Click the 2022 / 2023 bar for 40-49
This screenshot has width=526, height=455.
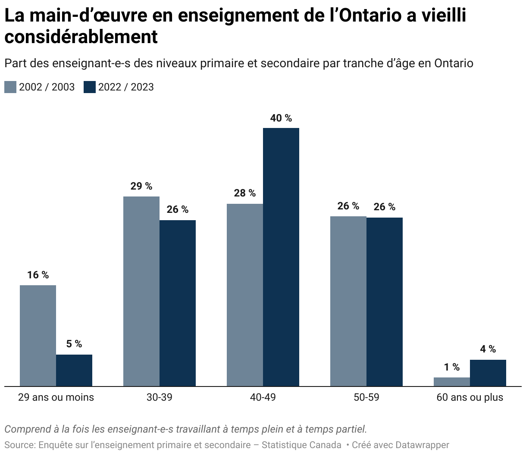click(281, 257)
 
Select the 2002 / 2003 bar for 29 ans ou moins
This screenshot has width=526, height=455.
click(38, 335)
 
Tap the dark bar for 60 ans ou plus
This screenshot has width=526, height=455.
click(488, 373)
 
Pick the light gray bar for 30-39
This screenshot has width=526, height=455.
click(141, 291)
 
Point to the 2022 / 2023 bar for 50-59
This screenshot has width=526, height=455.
click(384, 302)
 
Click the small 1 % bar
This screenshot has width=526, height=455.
click(451, 382)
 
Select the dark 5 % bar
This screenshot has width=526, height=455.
click(74, 370)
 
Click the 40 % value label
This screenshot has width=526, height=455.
click(281, 118)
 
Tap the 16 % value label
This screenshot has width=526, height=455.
click(38, 275)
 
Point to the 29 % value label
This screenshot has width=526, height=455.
click(141, 186)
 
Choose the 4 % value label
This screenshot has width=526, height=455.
click(488, 349)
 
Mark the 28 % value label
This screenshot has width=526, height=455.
click(245, 193)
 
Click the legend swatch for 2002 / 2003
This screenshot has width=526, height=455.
click(10, 87)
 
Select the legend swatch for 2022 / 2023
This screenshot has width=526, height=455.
click(90, 87)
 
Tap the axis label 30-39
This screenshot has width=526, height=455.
click(159, 397)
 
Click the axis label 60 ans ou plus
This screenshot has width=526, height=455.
click(470, 397)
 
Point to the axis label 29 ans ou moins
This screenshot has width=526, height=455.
click(56, 397)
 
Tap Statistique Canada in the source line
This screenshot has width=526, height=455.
click(301, 445)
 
